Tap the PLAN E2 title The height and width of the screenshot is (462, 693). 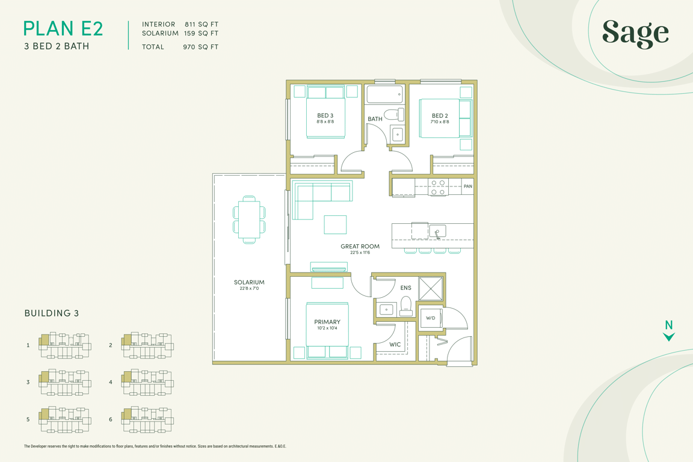(63, 29)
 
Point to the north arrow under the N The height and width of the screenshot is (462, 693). (669, 337)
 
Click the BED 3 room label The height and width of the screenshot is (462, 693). (325, 115)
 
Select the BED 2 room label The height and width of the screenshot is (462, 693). (440, 115)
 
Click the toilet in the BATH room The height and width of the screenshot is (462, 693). (394, 114)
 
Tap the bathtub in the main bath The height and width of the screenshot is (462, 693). (384, 94)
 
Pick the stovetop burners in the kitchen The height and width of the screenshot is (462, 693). (437, 187)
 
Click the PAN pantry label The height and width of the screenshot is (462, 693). (467, 186)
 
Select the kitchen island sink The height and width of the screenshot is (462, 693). (437, 231)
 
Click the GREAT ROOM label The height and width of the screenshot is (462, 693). (360, 246)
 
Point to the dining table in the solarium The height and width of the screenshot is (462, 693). (249, 220)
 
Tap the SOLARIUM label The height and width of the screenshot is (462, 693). (249, 282)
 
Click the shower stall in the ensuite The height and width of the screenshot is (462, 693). (431, 289)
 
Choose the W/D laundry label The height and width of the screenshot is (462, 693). (431, 318)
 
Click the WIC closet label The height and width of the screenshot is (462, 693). (395, 345)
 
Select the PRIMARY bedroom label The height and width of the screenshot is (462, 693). (327, 322)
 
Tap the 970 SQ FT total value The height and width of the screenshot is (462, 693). (201, 47)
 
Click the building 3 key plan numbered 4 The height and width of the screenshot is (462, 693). (147, 383)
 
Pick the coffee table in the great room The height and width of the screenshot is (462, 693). (335, 224)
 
